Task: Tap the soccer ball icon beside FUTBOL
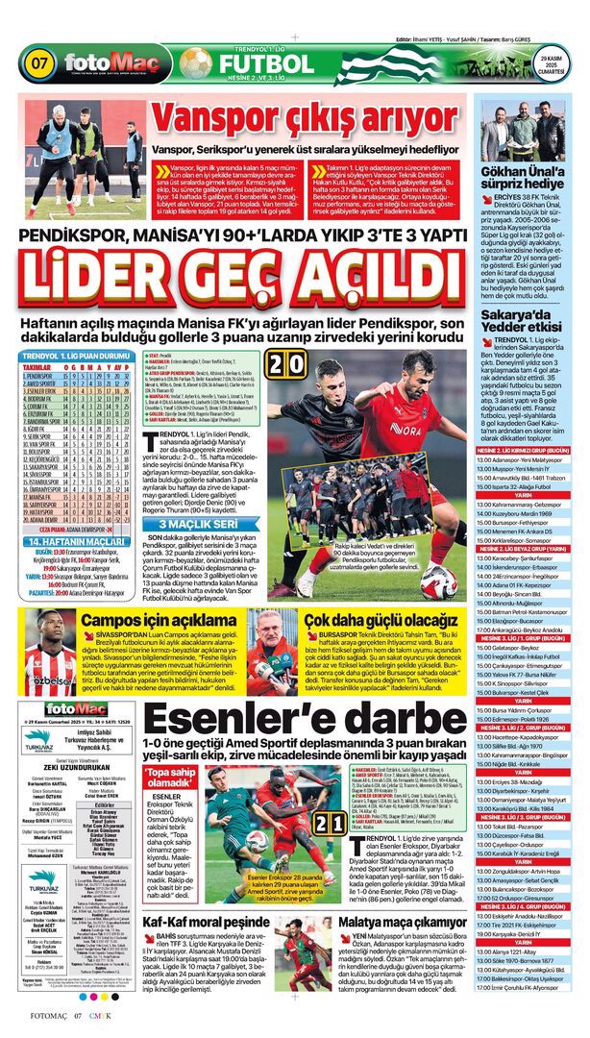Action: (195, 64)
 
